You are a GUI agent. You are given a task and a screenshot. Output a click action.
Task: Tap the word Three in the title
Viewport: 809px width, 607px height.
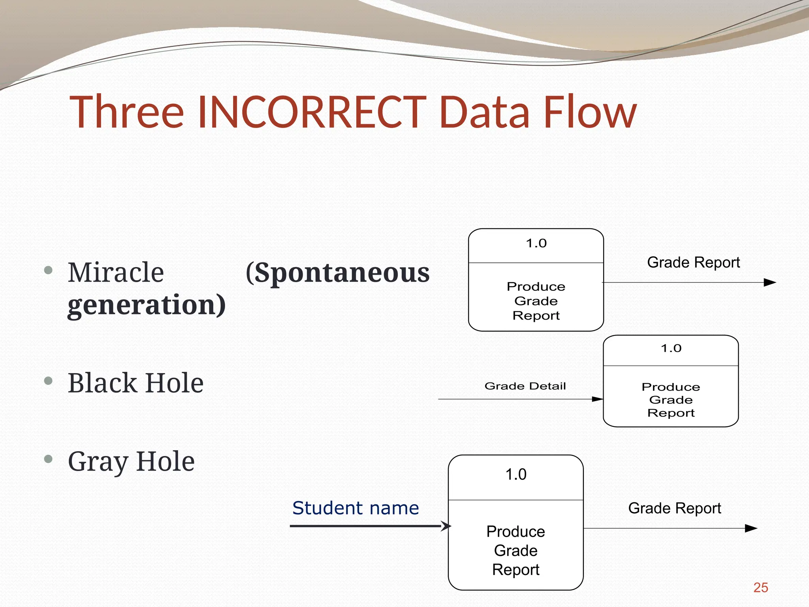pyautogui.click(x=126, y=113)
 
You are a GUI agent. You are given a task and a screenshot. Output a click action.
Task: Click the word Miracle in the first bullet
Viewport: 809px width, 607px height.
pyautogui.click(x=116, y=272)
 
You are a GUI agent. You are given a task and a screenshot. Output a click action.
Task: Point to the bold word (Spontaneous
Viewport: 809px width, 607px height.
pyautogui.click(x=337, y=273)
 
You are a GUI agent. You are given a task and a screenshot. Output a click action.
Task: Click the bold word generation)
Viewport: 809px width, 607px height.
pyautogui.click(x=147, y=305)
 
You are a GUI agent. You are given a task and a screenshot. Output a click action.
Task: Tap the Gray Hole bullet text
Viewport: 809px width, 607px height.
pyautogui.click(x=131, y=461)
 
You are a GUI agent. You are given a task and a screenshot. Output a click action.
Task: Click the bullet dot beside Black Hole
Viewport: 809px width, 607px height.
pyautogui.click(x=48, y=381)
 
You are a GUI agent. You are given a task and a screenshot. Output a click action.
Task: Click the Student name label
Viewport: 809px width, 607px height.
pyautogui.click(x=356, y=508)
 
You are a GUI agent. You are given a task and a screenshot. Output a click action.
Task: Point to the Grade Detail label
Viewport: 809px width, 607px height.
pyautogui.click(x=525, y=386)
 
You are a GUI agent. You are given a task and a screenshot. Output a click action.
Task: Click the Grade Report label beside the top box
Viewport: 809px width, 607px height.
pyautogui.click(x=693, y=262)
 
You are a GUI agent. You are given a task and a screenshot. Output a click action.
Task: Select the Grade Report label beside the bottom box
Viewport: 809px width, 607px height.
pyautogui.click(x=674, y=508)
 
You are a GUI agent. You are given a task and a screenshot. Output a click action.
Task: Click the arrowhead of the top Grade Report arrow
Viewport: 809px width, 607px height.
pyautogui.click(x=770, y=283)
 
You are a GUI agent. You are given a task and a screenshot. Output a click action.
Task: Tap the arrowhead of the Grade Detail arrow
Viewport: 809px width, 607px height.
pyautogui.click(x=597, y=399)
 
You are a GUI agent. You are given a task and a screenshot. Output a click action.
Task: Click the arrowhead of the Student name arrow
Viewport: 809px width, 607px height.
pyautogui.click(x=446, y=526)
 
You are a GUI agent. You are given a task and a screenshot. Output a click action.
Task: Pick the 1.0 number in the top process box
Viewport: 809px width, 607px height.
pyautogui.click(x=536, y=243)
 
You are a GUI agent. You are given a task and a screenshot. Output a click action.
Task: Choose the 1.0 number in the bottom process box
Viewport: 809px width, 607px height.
pyautogui.click(x=516, y=474)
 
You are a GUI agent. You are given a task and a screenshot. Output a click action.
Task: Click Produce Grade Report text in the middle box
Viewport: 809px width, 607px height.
pyautogui.click(x=671, y=400)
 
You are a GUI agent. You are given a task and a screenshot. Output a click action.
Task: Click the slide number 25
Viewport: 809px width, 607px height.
pyautogui.click(x=760, y=588)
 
